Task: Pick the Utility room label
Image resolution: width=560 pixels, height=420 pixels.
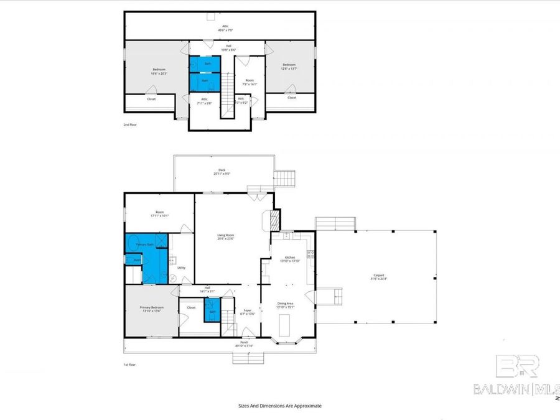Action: (181, 268)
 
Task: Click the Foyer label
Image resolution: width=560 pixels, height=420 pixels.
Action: (247, 312)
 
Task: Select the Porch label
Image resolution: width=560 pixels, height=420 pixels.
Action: (245, 344)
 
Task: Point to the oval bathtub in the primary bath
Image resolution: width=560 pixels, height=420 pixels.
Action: (133, 245)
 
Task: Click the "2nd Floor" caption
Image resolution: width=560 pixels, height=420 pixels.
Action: (130, 124)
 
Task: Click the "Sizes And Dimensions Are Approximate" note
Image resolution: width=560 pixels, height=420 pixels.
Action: (280, 406)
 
